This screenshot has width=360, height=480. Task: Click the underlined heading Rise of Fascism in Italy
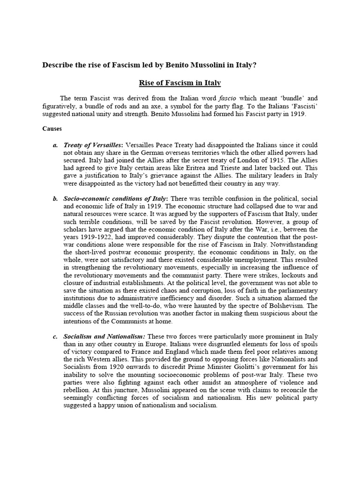[180, 83]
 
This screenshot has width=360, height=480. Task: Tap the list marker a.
[55, 146]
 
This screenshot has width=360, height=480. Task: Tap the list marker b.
[55, 199]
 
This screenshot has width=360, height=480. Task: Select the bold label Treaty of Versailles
[90, 146]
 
